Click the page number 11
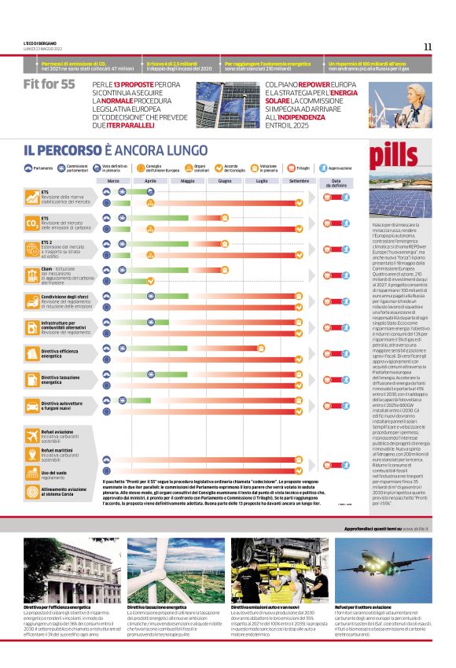tap(428, 46)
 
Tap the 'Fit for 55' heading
tap(50, 84)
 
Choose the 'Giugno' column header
tap(225, 180)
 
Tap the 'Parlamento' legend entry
tap(39, 168)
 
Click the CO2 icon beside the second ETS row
tap(32, 223)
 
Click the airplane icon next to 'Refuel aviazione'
tap(32, 434)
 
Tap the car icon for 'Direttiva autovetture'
tap(32, 405)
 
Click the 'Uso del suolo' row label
tap(55, 474)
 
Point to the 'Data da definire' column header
tap(336, 183)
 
